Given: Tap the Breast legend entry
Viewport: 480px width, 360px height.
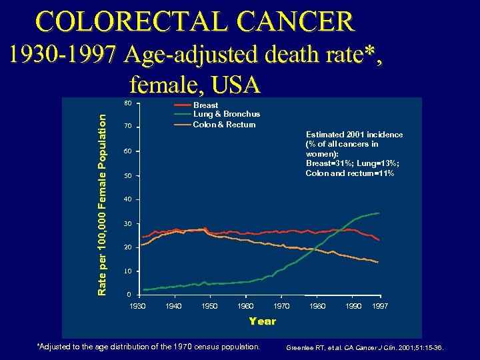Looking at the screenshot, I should click(205, 105).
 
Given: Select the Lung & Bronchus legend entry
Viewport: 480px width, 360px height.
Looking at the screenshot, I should click(226, 115).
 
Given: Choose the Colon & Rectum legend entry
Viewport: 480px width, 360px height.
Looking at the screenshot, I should click(224, 124).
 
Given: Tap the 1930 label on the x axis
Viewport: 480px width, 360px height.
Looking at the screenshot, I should click(137, 306).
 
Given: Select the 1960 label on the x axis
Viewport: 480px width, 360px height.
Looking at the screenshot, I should click(245, 306).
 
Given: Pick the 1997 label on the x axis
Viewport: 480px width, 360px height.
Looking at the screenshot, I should click(379, 306).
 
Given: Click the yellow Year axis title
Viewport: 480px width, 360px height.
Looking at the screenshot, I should click(262, 321).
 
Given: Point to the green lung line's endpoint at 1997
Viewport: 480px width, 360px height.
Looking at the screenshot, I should click(379, 213).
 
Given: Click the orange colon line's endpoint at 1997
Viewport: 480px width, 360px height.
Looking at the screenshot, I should click(378, 263).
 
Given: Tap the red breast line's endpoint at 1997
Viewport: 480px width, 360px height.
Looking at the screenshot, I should click(379, 240).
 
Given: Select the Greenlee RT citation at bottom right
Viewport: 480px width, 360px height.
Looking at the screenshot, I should click(364, 348).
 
